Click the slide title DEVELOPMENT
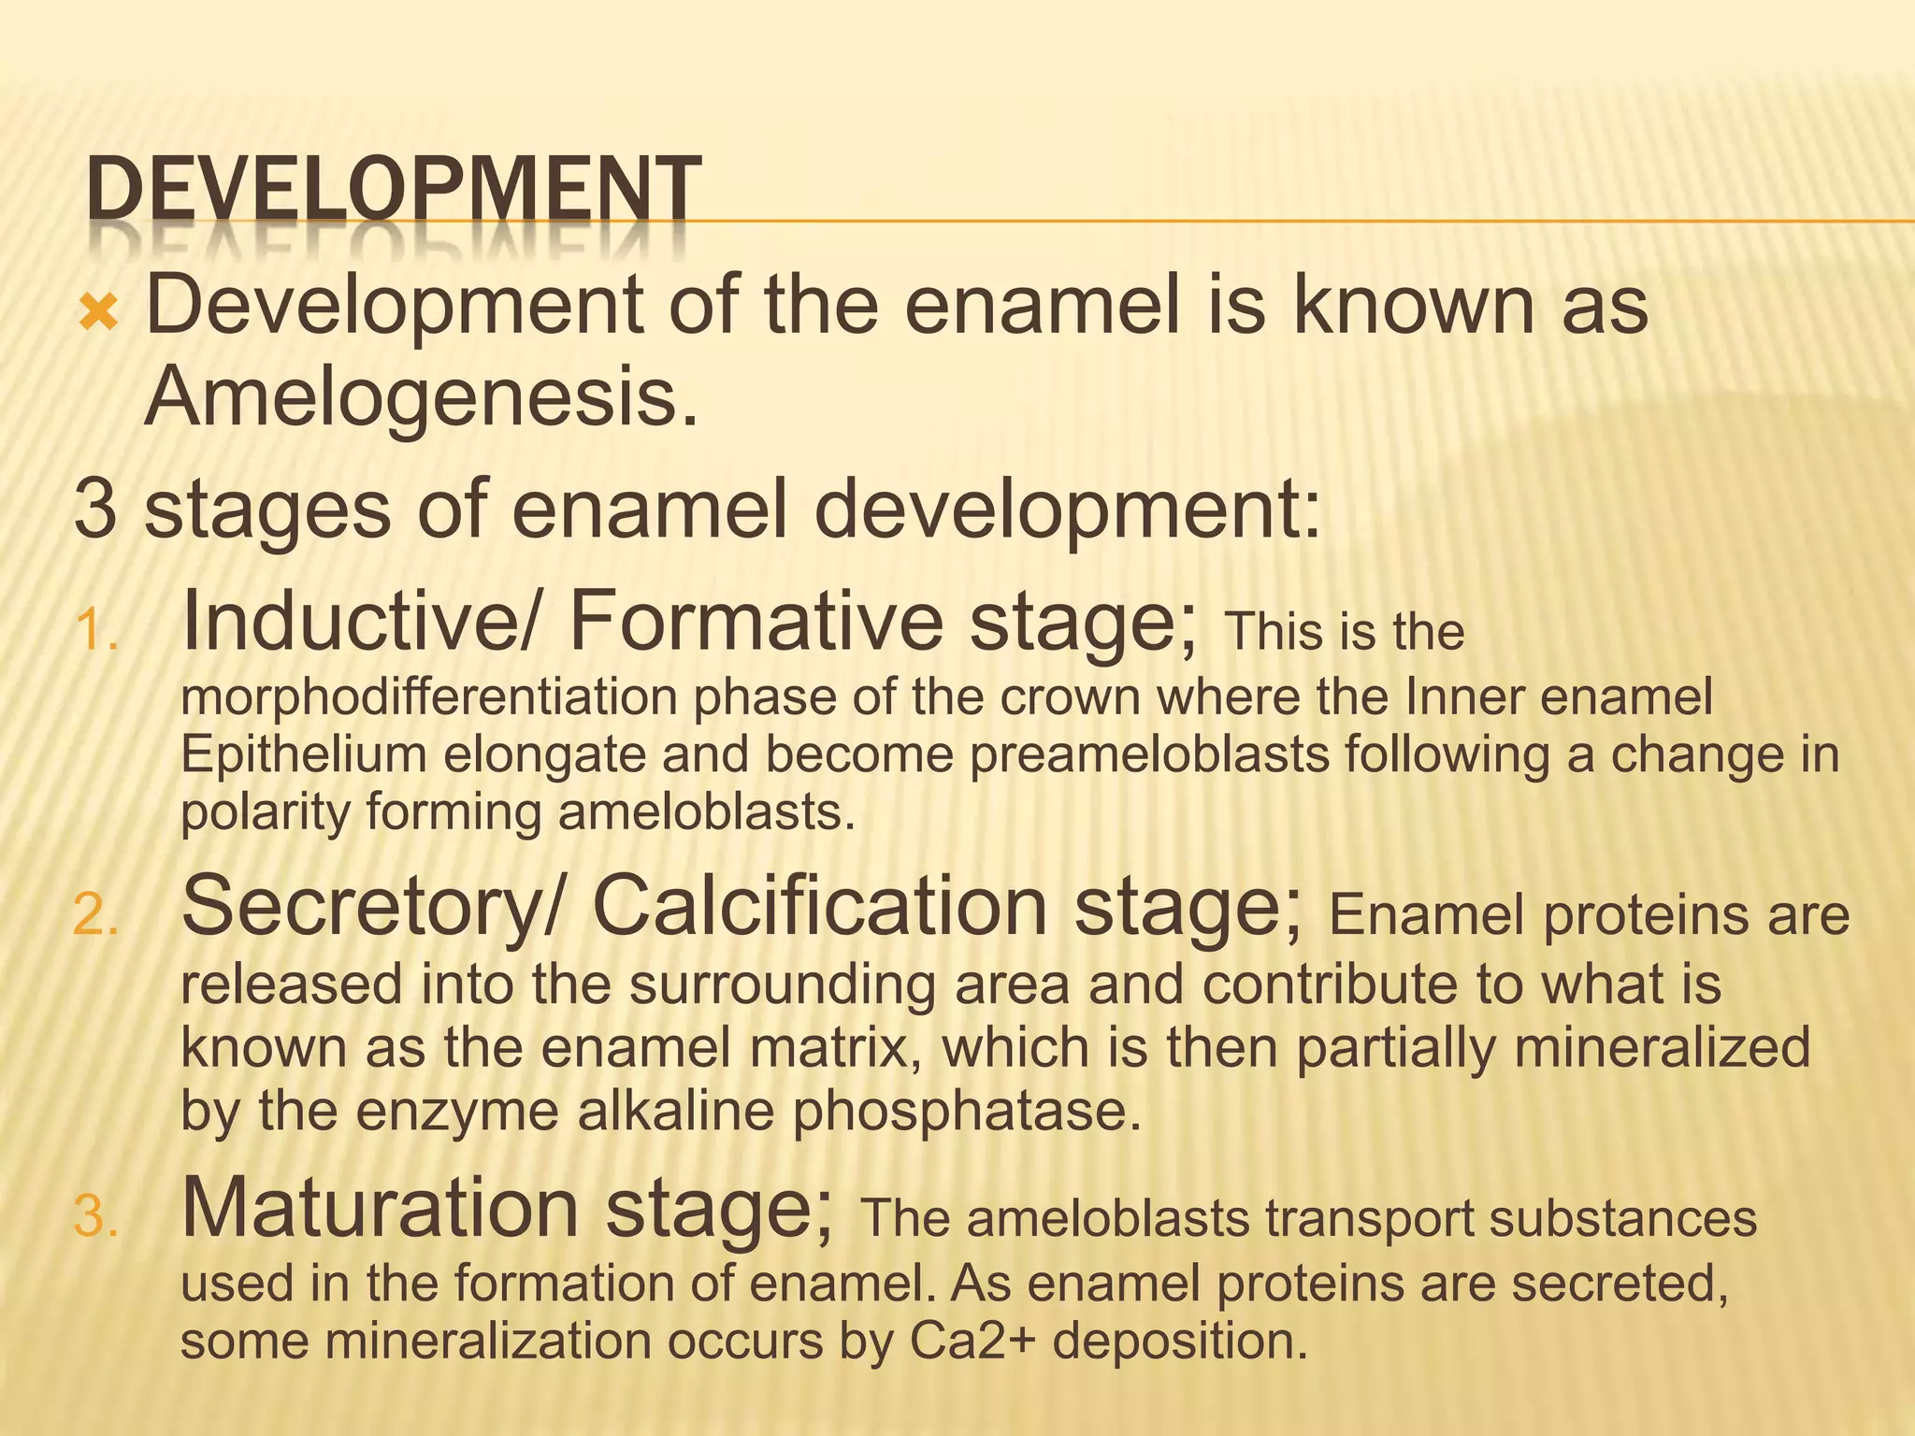[393, 191]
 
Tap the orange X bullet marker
[98, 312]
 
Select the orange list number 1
[95, 630]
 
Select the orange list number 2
[95, 915]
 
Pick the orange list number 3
[95, 1218]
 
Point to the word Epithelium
[303, 755]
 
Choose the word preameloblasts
[1149, 755]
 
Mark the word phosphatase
[967, 1112]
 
